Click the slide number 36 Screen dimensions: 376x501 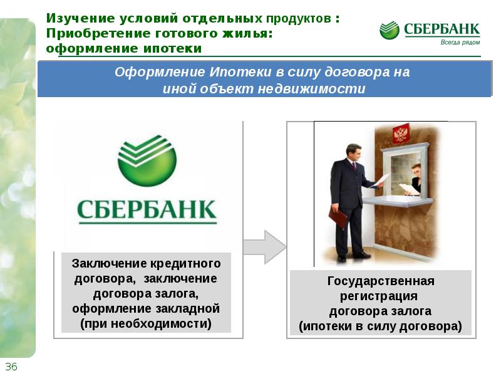(11, 367)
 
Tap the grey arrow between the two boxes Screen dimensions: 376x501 (264, 247)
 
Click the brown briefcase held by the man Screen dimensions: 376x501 (338, 217)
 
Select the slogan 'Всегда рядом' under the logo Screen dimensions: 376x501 (460, 42)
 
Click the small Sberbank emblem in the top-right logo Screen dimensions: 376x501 (389, 30)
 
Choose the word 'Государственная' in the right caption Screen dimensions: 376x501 (381, 281)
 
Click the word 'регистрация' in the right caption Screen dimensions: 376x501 (379, 296)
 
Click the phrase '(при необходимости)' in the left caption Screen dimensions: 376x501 (146, 323)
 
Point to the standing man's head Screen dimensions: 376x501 (353, 153)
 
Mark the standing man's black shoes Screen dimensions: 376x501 (354, 256)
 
